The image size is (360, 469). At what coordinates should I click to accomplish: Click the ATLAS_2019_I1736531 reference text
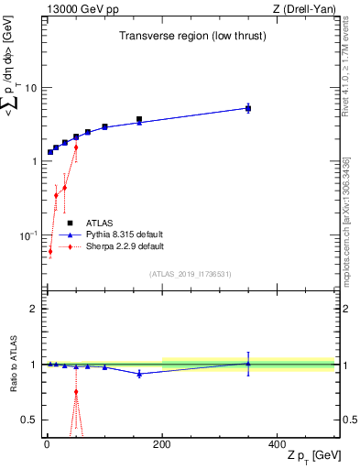[190, 273]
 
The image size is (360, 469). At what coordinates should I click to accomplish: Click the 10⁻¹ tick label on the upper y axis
[27, 235]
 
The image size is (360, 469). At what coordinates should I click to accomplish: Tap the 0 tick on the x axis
[47, 443]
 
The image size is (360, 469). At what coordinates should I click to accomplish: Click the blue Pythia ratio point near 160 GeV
[139, 374]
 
